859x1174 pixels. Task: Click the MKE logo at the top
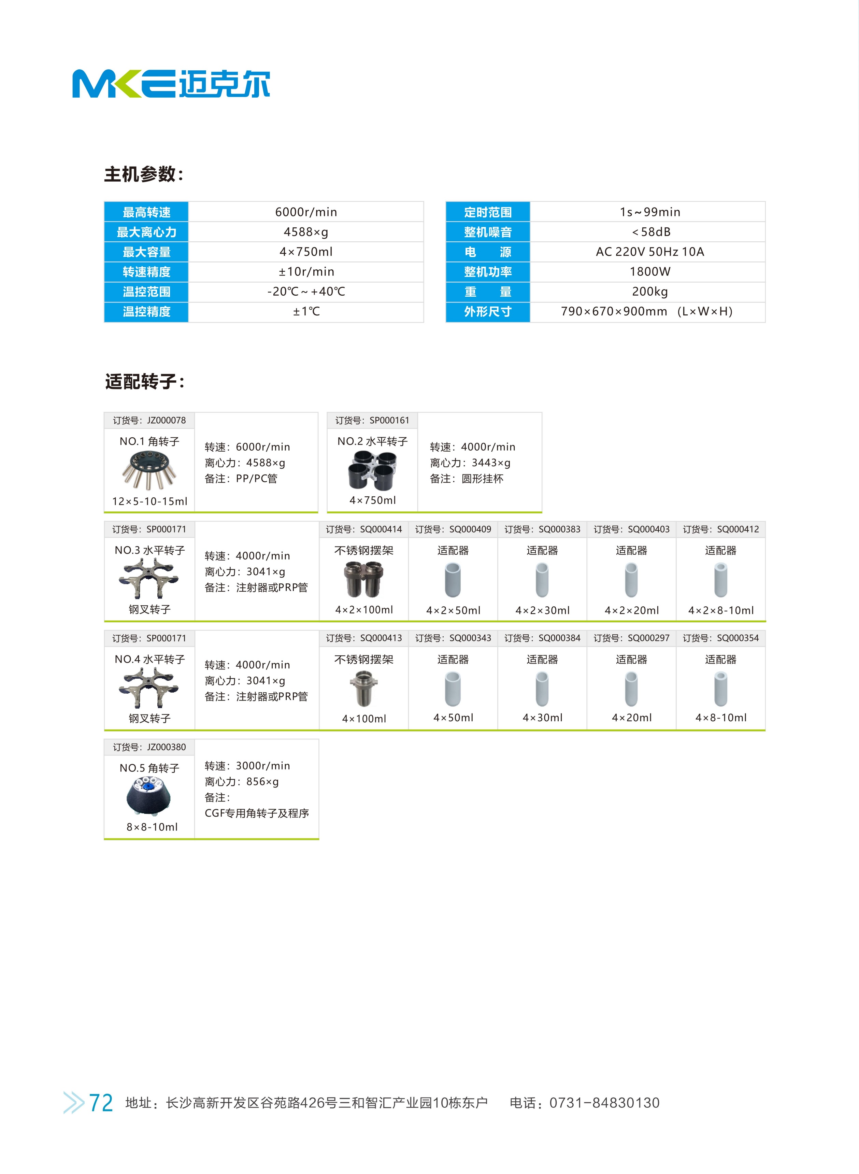[171, 83]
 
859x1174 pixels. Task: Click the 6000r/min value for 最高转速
[306, 212]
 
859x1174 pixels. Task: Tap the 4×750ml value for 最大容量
[306, 252]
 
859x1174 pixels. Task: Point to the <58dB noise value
[650, 232]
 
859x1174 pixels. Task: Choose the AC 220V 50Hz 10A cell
[650, 252]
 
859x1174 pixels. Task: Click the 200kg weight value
[650, 291]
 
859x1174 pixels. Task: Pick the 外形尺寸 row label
[488, 312]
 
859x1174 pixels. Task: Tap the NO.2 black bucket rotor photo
[372, 470]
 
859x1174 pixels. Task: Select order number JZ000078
[149, 420]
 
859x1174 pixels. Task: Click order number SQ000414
[364, 529]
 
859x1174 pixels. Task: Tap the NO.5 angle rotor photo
[149, 795]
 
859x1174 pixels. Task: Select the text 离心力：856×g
[242, 781]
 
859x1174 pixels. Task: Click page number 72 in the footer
[101, 1103]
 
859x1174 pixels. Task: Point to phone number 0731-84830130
[604, 1103]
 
